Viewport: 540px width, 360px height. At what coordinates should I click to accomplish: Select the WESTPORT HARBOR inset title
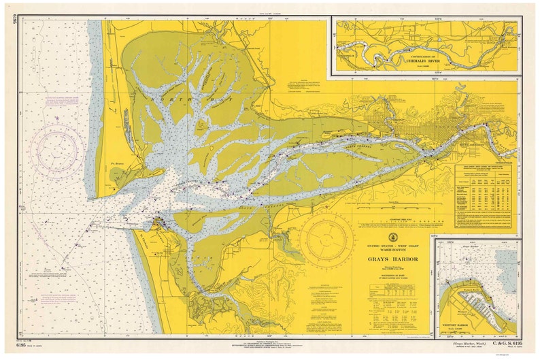463,323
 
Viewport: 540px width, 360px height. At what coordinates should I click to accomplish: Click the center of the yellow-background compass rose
326,239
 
